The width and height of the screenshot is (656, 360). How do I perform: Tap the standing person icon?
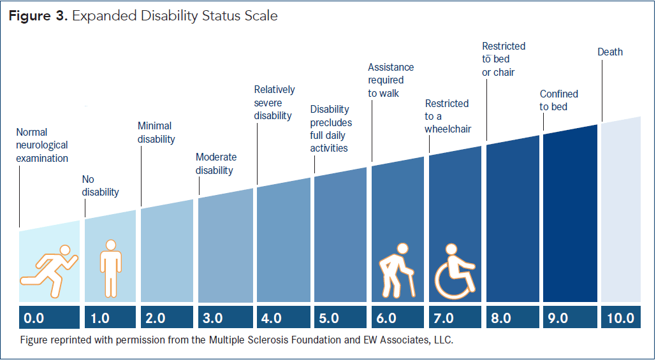click(x=110, y=268)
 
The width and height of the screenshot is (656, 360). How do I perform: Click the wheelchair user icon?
click(x=455, y=271)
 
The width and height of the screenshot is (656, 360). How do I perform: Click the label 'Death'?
click(x=609, y=52)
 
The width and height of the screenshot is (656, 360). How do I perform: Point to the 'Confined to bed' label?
click(x=558, y=100)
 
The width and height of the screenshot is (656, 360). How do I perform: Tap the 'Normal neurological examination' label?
click(x=42, y=145)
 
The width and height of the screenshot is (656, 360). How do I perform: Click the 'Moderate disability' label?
click(x=216, y=164)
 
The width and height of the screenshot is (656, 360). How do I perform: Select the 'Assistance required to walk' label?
click(x=391, y=80)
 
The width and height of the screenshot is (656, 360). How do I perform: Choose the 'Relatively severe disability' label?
click(x=274, y=103)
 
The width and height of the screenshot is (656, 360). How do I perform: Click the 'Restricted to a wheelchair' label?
click(x=448, y=116)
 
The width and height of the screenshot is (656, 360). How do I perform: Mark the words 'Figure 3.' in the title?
click(x=36, y=16)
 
